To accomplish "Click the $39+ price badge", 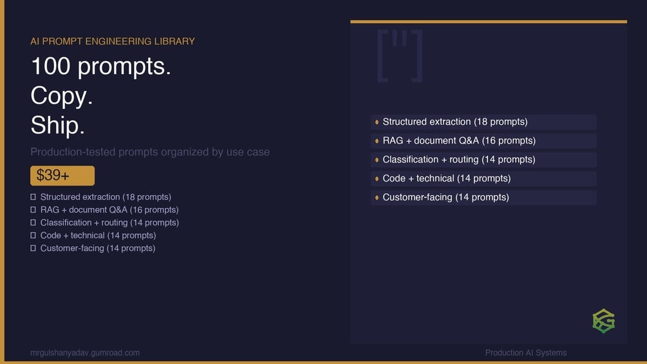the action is pyautogui.click(x=62, y=176).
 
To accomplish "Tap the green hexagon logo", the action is pyautogui.click(x=604, y=321).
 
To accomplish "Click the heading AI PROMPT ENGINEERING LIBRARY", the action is pyautogui.click(x=113, y=41).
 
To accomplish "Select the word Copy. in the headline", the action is pyautogui.click(x=62, y=96).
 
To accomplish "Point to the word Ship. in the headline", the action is pyautogui.click(x=57, y=125).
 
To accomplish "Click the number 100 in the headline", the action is pyautogui.click(x=50, y=66).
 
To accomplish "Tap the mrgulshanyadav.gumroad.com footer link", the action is pyautogui.click(x=85, y=353).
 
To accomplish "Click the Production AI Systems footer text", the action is pyautogui.click(x=526, y=353).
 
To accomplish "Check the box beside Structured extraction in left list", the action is pyautogui.click(x=33, y=197).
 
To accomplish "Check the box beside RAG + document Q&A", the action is pyautogui.click(x=33, y=210).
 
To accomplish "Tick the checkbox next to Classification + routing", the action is pyautogui.click(x=33, y=223).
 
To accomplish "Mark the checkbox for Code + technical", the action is pyautogui.click(x=33, y=236).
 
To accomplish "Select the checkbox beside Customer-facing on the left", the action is pyautogui.click(x=33, y=249).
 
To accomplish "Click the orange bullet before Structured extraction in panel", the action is pyautogui.click(x=377, y=122).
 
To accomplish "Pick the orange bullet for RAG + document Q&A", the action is pyautogui.click(x=377, y=141).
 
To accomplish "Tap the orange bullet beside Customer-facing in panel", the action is pyautogui.click(x=377, y=198).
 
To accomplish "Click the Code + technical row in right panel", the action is pyautogui.click(x=483, y=178).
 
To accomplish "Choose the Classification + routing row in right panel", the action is pyautogui.click(x=483, y=160).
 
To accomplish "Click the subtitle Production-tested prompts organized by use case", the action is pyautogui.click(x=150, y=152).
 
